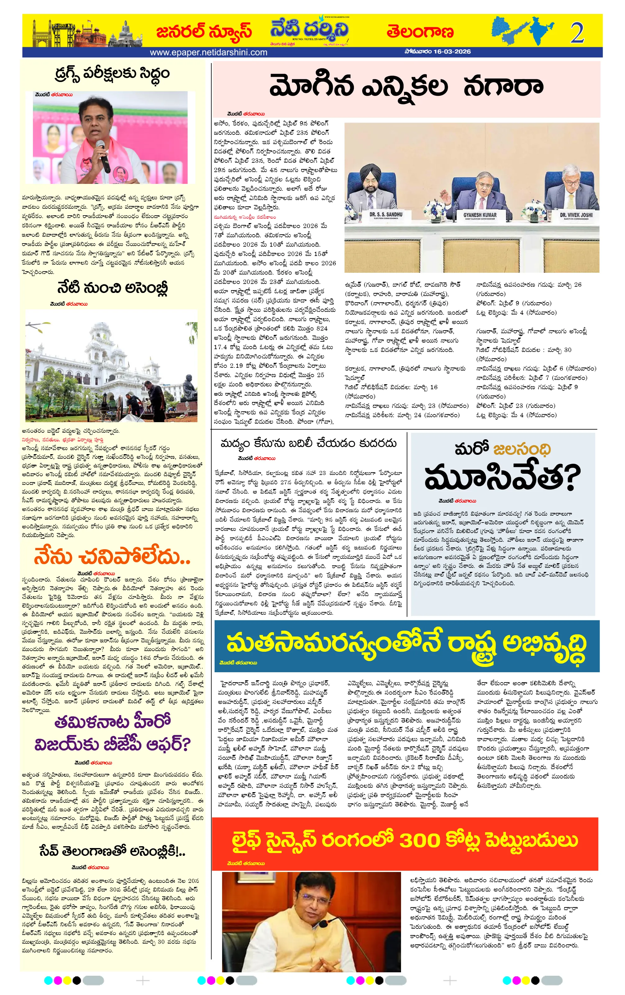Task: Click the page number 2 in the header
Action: [577, 32]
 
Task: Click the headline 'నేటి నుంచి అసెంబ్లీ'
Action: [112, 287]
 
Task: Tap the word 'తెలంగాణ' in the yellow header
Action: [420, 32]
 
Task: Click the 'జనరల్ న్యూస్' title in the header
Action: [204, 31]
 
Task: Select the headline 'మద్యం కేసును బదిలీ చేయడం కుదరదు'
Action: [308, 443]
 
